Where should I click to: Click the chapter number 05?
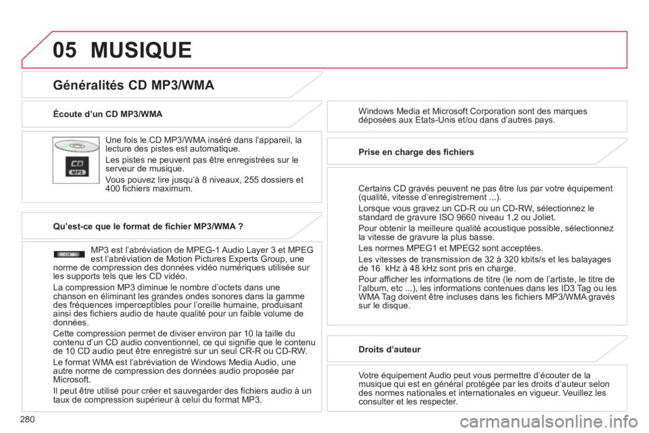click(65, 49)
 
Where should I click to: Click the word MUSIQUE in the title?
click(141, 49)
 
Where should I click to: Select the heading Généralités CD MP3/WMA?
click(133, 85)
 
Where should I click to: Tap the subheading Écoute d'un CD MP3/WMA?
click(107, 114)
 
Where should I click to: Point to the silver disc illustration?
click(76, 146)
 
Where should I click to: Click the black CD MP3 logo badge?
click(76, 166)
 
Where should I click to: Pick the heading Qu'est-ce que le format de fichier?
click(148, 226)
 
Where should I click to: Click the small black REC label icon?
click(69, 254)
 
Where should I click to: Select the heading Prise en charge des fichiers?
click(416, 152)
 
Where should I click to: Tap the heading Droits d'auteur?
click(389, 349)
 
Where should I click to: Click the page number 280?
click(27, 419)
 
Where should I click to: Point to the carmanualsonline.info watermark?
click(549, 421)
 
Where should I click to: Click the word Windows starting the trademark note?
click(376, 111)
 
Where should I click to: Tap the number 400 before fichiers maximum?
click(112, 189)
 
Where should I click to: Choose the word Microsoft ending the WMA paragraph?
click(70, 380)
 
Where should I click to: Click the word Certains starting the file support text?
click(374, 189)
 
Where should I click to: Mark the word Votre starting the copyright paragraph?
click(368, 375)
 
